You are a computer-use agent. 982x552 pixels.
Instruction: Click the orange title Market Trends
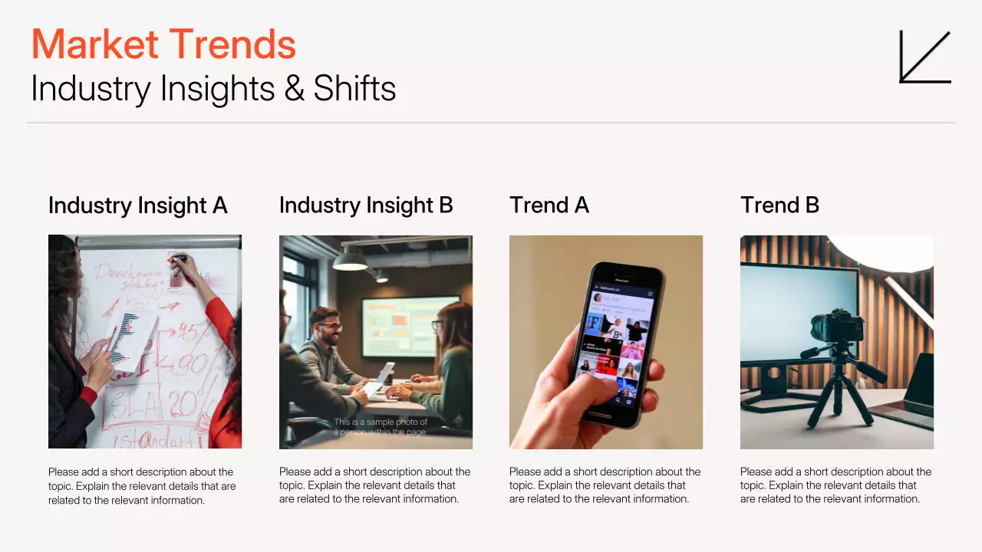tap(163, 44)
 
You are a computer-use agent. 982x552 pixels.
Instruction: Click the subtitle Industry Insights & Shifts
tap(213, 89)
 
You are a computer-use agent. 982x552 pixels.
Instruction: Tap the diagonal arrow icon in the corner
tap(924, 57)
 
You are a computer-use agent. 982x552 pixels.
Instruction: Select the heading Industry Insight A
tap(138, 205)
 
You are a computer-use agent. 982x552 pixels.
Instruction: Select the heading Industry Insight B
tap(366, 205)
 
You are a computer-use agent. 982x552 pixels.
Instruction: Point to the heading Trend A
tap(549, 205)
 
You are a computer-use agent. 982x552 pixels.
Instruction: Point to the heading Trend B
tap(779, 205)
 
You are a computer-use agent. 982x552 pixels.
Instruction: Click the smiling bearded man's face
tap(329, 327)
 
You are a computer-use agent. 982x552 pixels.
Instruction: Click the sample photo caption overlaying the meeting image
tap(381, 427)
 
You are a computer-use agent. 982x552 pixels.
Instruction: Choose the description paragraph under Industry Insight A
tap(142, 485)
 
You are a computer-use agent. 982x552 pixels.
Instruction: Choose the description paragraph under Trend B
tap(835, 485)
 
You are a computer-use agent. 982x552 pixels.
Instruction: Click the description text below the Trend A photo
tap(605, 485)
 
